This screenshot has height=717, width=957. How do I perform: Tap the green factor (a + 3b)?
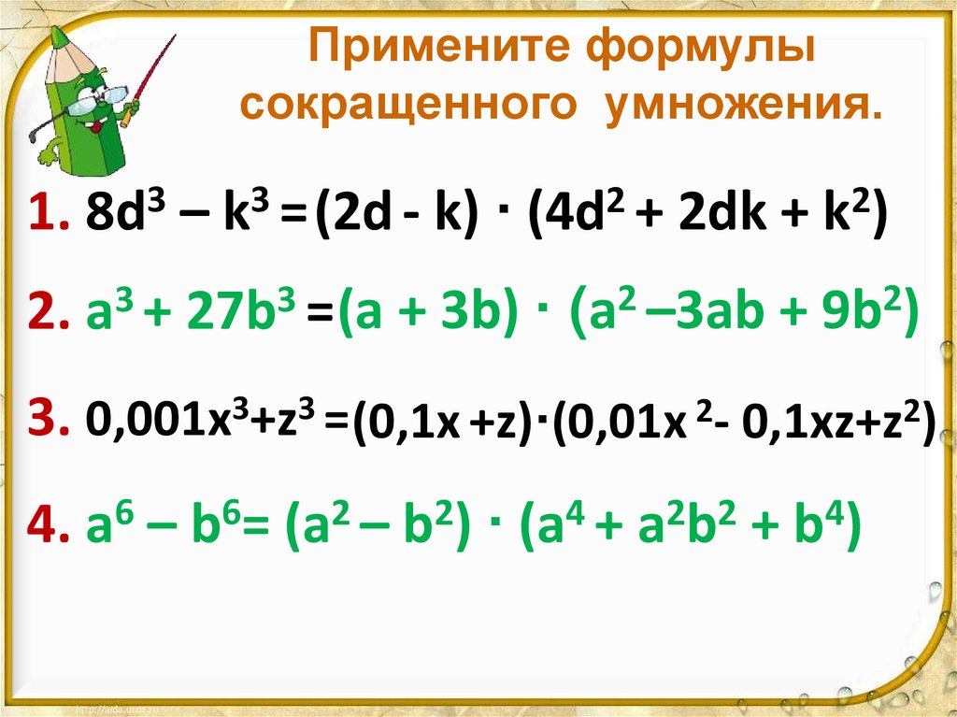click(426, 318)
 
